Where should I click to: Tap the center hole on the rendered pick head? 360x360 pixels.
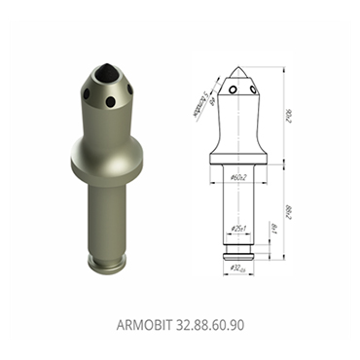[110, 101]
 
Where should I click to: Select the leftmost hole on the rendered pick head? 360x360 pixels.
[85, 94]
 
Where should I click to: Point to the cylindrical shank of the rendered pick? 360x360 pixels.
[109, 214]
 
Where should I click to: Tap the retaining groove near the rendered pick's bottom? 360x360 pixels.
[109, 256]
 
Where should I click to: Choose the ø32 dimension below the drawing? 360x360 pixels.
[236, 268]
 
